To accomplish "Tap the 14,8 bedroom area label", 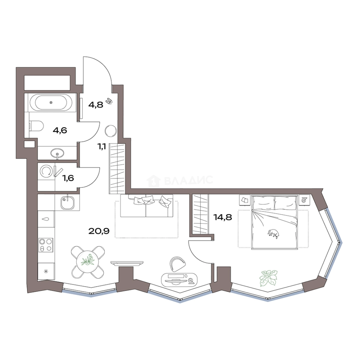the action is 223,217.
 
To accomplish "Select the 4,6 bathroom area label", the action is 60,130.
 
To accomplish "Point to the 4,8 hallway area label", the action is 96,105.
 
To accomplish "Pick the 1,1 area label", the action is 102,146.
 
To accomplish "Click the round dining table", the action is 87,262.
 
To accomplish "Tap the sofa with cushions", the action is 146,206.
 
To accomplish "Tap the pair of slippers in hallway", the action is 109,101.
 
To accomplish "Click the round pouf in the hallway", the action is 111,131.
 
